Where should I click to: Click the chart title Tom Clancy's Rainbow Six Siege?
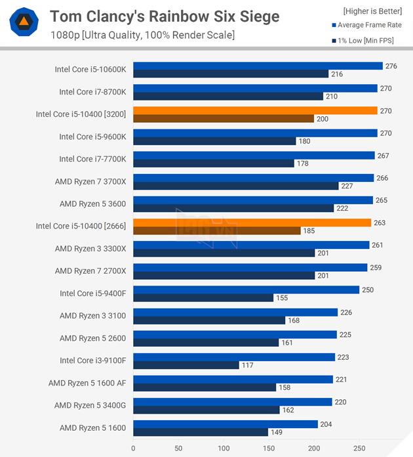pos(165,16)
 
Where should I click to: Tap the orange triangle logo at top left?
pos(24,22)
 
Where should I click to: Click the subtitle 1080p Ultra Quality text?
pos(142,35)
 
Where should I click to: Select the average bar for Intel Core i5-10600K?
pos(258,66)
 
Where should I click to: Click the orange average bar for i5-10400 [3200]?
pos(255,111)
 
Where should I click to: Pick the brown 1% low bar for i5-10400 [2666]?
pos(216,230)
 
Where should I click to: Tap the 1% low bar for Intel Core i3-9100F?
pos(186,365)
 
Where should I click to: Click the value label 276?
pos(391,66)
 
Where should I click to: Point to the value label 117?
pos(247,365)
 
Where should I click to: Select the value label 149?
pos(276,432)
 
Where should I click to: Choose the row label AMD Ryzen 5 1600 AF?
pos(87,383)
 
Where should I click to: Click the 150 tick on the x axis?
pos(269,448)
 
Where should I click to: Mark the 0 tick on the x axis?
pos(133,448)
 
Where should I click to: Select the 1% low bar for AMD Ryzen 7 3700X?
pos(235,186)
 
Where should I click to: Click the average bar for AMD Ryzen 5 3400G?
pos(232,402)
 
